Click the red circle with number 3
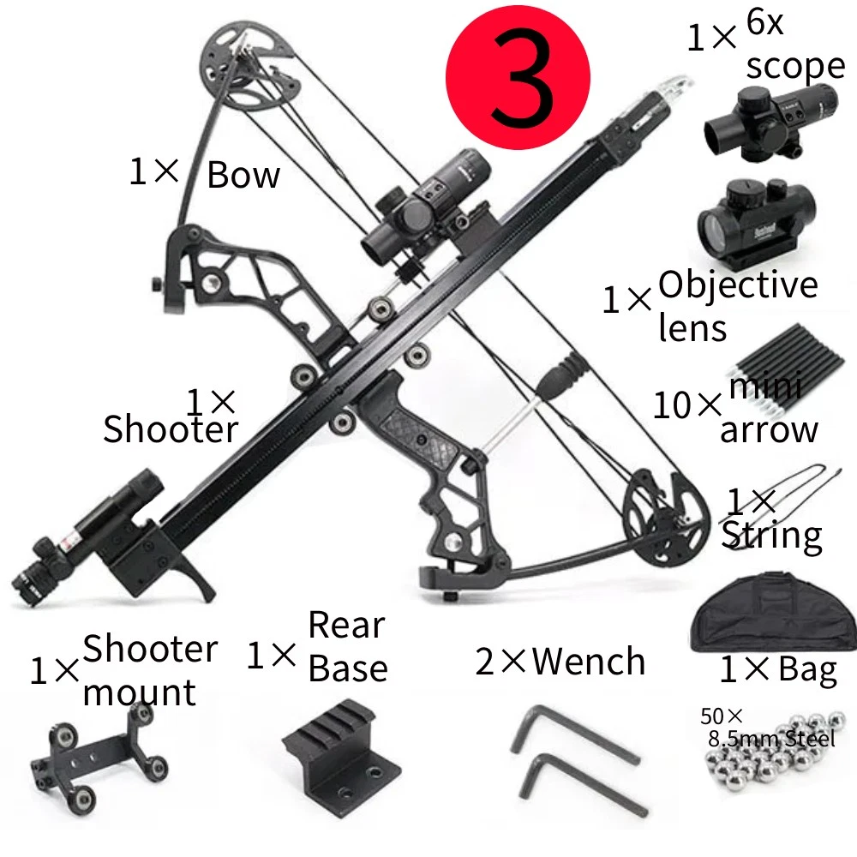pyautogui.click(x=518, y=76)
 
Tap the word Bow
pyautogui.click(x=243, y=175)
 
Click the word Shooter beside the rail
pyautogui.click(x=171, y=428)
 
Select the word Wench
pyautogui.click(x=588, y=661)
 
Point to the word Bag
pyautogui.click(x=807, y=671)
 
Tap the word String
pyautogui.click(x=772, y=536)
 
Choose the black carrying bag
pyautogui.click(x=773, y=614)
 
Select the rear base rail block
pyautogui.click(x=342, y=751)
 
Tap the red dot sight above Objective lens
pyautogui.click(x=756, y=225)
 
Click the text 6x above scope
pyautogui.click(x=764, y=22)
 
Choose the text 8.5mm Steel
pyautogui.click(x=772, y=739)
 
